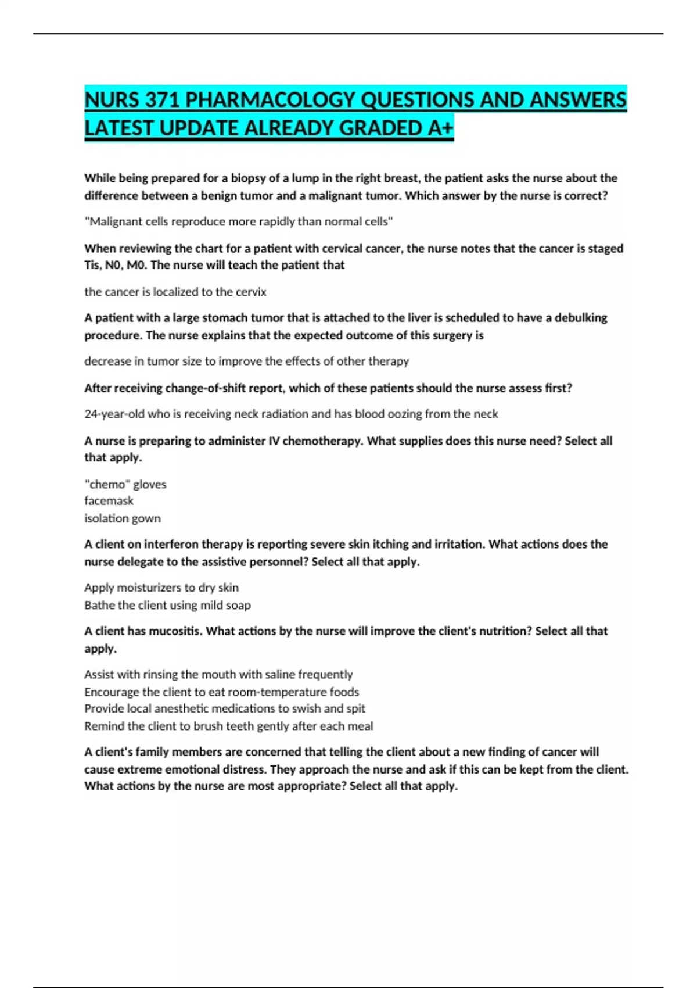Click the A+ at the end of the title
440,128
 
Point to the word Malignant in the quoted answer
114,221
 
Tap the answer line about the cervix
175,292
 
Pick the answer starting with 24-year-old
290,414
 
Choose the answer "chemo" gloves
125,484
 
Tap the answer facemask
109,501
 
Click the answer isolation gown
122,518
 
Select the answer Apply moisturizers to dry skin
161,588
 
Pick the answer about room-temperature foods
221,692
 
